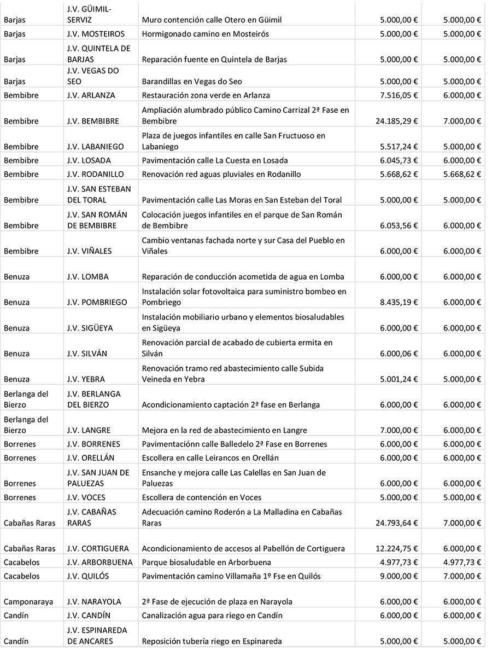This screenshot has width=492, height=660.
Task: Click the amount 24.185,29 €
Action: [x=396, y=121]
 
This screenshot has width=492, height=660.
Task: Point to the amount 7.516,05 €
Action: [x=399, y=95]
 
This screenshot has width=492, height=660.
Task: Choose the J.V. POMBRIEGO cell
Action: [x=97, y=302]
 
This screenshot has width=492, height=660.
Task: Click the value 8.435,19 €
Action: [x=399, y=302]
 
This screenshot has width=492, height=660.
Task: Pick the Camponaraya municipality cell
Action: [x=28, y=601]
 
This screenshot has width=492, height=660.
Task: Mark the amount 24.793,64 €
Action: [x=396, y=523]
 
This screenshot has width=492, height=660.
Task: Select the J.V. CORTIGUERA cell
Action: [x=98, y=548]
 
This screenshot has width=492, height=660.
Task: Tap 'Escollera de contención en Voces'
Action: [x=201, y=497]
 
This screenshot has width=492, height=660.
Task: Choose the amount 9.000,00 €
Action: [x=399, y=576]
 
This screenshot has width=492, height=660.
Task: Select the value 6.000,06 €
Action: [x=399, y=354]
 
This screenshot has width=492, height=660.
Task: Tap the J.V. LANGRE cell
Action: [x=89, y=430]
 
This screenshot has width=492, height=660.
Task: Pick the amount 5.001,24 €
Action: [x=399, y=379]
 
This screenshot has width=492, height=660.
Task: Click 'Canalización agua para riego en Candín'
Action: [x=212, y=615]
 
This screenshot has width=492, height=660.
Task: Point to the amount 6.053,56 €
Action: [x=399, y=225]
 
